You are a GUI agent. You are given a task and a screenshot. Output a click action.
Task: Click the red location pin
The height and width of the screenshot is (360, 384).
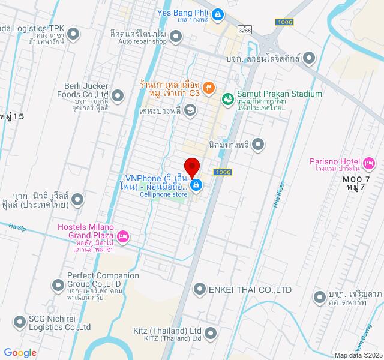coord(192,166)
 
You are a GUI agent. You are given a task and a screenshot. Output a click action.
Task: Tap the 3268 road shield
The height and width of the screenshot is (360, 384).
coord(244,29)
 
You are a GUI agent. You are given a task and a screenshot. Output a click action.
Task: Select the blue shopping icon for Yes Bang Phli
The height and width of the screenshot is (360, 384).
coord(218,13)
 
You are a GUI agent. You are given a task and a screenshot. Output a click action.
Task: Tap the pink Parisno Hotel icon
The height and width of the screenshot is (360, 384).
coord(369,162)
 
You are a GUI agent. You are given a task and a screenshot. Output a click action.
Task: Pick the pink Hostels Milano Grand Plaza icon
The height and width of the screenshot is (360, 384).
coord(123,236)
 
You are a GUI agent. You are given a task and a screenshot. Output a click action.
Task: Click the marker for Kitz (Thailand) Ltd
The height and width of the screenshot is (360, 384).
coord(210,332)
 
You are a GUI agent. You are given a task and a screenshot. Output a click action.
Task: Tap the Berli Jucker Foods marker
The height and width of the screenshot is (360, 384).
coord(118,95)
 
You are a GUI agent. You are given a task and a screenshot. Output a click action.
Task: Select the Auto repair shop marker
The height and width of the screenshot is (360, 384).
coord(176,37)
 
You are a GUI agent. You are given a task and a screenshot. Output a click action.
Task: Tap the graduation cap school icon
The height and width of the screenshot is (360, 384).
coord(190,110)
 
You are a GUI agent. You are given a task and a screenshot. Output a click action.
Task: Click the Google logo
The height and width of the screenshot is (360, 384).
coord(20,353)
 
